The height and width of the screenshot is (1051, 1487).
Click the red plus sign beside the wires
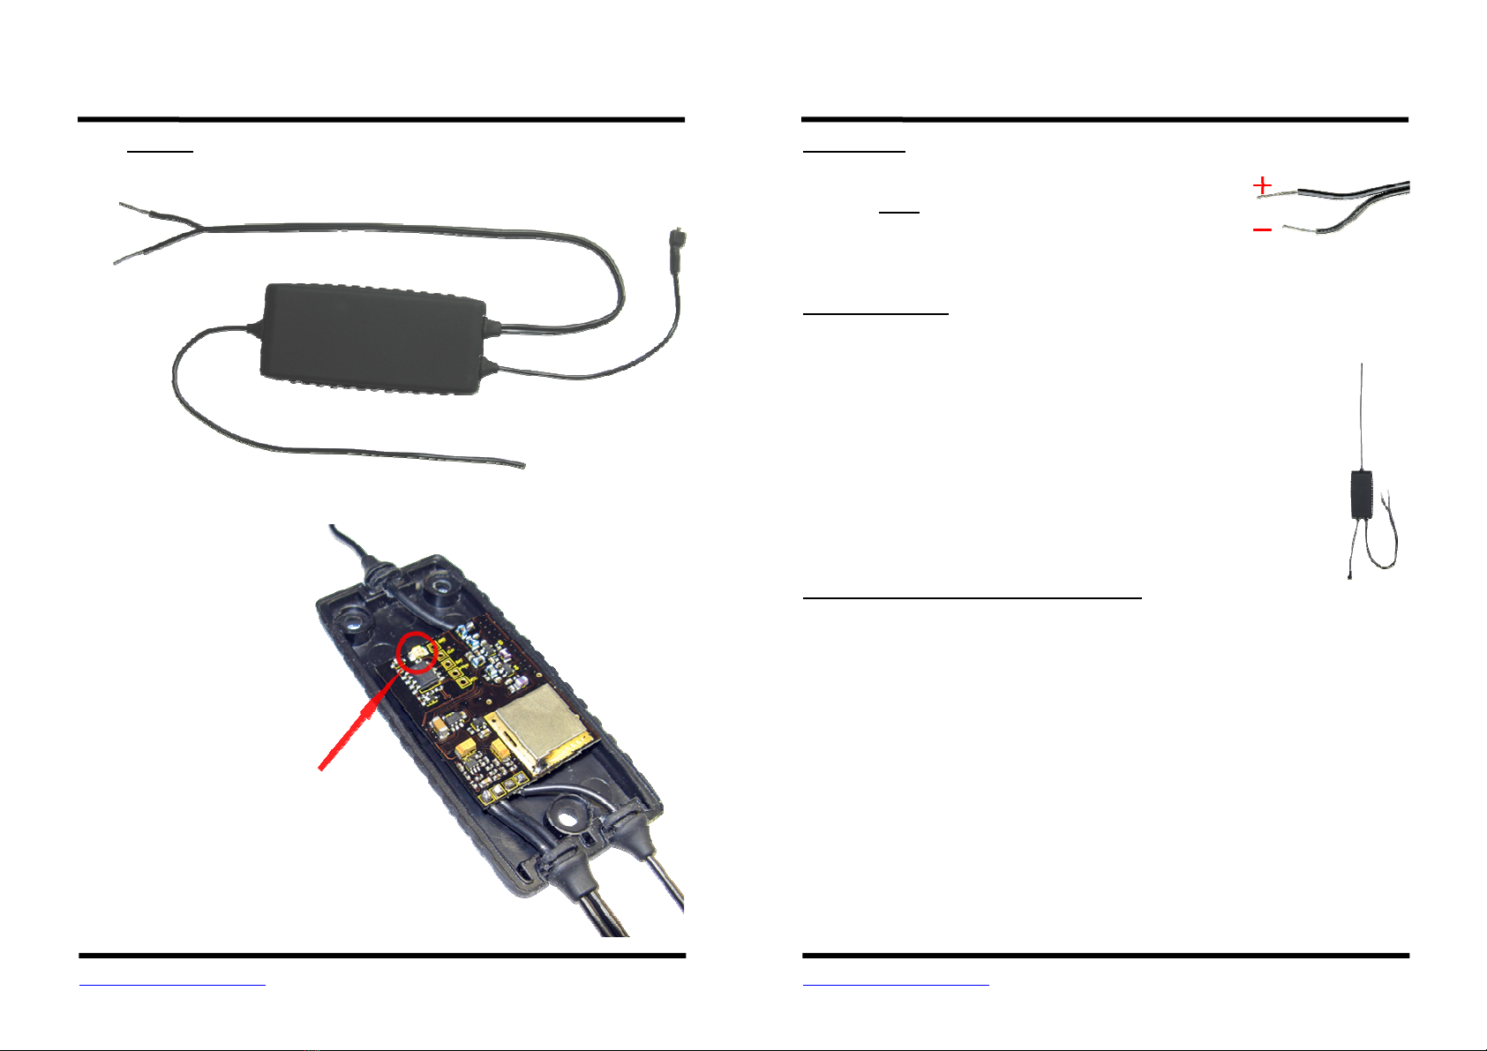point(1263,185)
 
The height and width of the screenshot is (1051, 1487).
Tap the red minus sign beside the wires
point(1262,230)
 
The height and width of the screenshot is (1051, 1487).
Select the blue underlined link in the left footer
point(172,982)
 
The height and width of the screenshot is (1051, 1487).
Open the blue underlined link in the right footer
point(896,982)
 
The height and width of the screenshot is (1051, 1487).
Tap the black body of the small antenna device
point(1362,494)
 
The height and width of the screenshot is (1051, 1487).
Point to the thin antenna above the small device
point(1363,415)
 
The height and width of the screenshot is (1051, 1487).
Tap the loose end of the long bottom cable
point(521,464)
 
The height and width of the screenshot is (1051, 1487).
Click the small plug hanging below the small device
point(1351,574)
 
